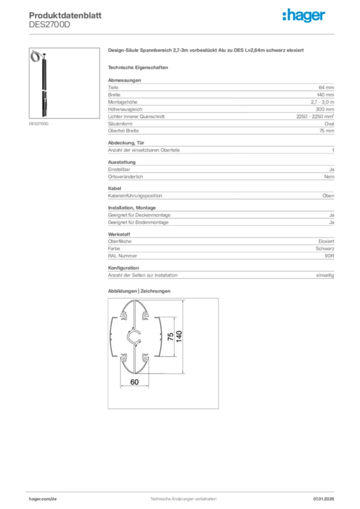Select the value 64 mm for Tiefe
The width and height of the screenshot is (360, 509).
tap(326, 87)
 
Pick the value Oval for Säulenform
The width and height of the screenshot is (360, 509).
tap(329, 124)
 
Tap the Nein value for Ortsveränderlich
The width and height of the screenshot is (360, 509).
tap(329, 177)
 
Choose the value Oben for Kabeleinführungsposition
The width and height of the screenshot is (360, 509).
tap(328, 196)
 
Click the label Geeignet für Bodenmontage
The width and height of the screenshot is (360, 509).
tap(138, 223)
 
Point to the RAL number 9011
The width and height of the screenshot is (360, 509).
tap(329, 256)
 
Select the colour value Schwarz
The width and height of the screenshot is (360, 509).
tap(325, 249)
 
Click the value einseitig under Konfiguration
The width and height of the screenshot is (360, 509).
tap(325, 275)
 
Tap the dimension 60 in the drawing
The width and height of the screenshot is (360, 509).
tap(134, 382)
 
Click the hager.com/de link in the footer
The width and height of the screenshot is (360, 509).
tap(43, 499)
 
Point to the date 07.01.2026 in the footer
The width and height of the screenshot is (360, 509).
tap(323, 499)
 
